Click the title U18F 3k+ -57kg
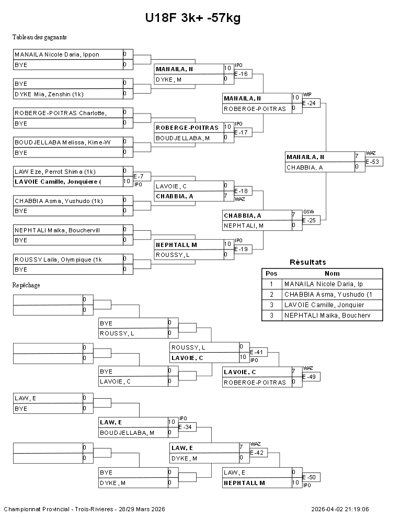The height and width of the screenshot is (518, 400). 192,18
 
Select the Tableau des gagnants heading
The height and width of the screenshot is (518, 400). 39,37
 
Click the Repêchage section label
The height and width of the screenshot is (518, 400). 26,285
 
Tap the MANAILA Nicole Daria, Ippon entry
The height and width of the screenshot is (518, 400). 57,54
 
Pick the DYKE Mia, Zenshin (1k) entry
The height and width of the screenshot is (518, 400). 49,94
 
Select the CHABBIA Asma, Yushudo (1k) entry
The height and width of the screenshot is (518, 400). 59,201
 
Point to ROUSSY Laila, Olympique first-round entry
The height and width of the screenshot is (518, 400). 58,260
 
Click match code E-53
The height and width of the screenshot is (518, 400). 373,162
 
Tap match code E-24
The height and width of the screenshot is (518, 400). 311,103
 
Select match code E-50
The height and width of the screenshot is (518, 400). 311,477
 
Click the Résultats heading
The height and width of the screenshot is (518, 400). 307,262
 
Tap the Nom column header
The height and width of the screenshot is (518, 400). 332,273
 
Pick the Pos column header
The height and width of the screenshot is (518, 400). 271,273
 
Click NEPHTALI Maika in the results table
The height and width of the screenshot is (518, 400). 324,316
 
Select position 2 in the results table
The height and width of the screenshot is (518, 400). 271,295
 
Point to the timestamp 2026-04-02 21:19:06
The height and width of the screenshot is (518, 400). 340,509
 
